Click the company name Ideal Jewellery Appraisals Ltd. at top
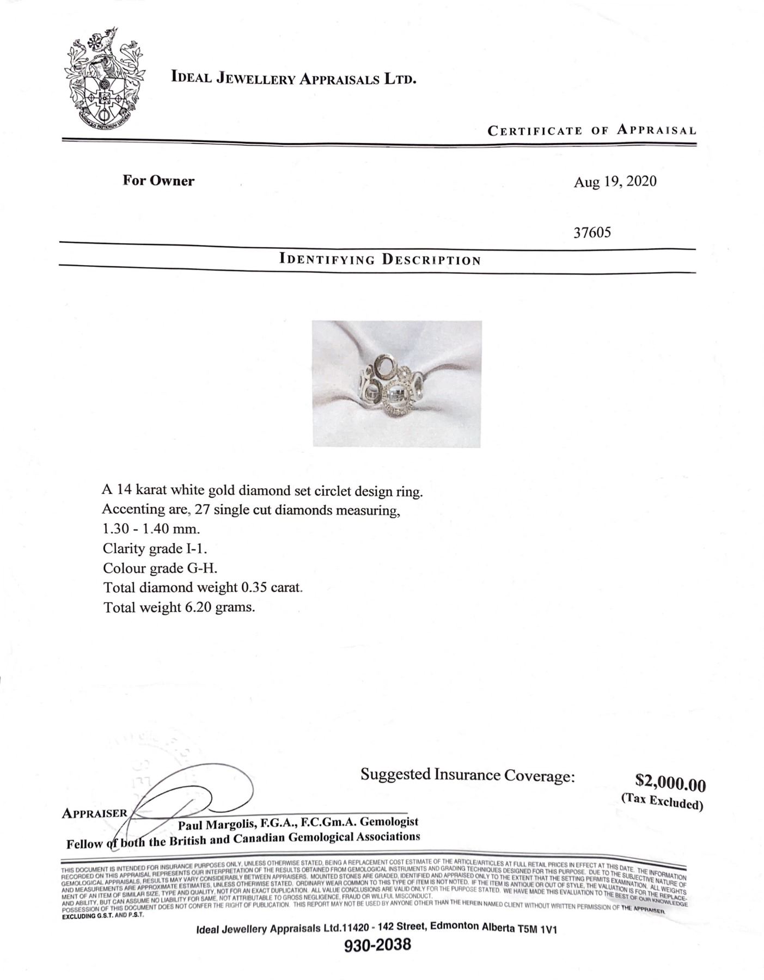coord(294,78)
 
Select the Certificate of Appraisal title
coord(591,131)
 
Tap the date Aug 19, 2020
coord(615,181)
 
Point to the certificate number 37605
coord(592,232)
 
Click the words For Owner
coord(158,181)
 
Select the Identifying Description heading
coord(380,259)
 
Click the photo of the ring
coord(396,384)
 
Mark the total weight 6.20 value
coord(199,607)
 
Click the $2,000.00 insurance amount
coord(670,784)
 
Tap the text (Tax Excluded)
coord(662,801)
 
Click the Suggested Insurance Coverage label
coord(467,775)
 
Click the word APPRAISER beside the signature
coord(94,813)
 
